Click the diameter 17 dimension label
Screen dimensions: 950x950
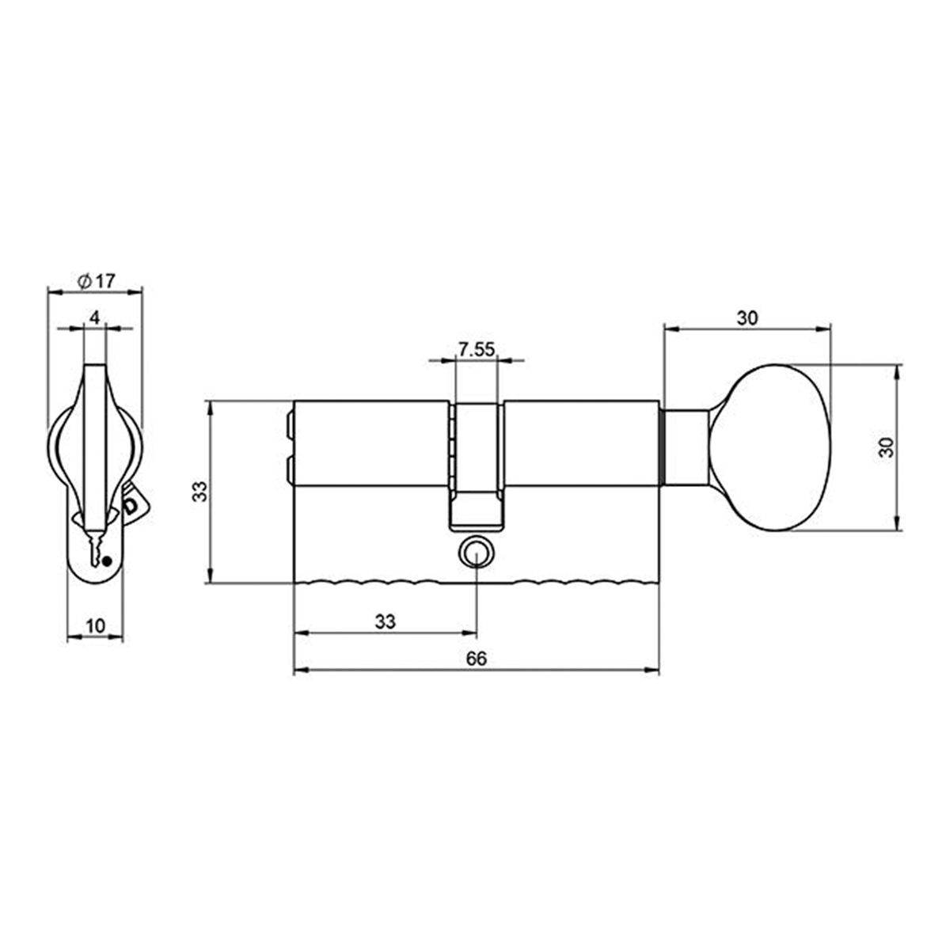tap(97, 280)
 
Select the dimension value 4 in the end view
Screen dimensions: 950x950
tap(94, 318)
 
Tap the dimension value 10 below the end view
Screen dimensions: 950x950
tap(95, 625)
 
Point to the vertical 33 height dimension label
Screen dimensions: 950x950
tap(201, 492)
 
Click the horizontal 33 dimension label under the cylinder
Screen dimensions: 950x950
tap(385, 621)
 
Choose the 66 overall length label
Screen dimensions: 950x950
tap(476, 659)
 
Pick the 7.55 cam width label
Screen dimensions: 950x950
tap(476, 349)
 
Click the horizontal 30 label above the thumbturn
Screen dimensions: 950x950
tap(747, 318)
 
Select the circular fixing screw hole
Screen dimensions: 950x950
tap(477, 553)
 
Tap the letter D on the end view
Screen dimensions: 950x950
tap(131, 505)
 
